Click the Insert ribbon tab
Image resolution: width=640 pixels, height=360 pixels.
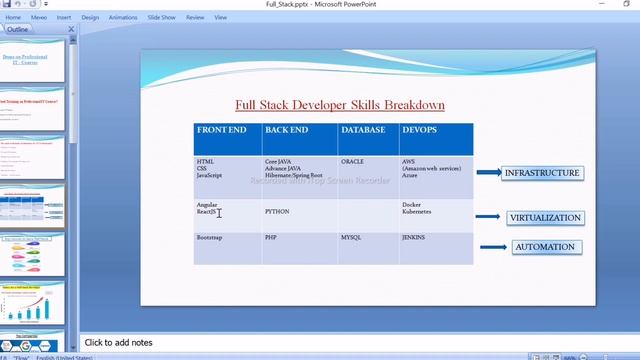[x=64, y=17]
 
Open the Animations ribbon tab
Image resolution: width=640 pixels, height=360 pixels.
[x=123, y=17]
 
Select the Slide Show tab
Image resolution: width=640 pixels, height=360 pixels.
[x=160, y=17]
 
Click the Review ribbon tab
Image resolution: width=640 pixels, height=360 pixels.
[x=195, y=17]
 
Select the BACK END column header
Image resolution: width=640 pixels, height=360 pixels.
[x=285, y=130]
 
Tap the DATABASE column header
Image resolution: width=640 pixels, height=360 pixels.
[x=362, y=130]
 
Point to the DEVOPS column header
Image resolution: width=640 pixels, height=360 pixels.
[x=419, y=130]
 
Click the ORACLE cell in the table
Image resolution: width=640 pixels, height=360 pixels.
[x=352, y=161]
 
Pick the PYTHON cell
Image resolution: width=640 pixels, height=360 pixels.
[x=277, y=212]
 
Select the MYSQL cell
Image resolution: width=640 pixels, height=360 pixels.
[x=351, y=238]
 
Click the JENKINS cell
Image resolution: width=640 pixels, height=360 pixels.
[x=415, y=238]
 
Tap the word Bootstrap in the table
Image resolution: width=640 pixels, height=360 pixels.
[x=209, y=238]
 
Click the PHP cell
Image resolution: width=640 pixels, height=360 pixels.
[x=270, y=238]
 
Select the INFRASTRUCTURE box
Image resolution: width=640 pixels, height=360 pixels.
[x=542, y=173]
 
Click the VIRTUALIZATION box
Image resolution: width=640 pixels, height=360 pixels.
[x=544, y=217]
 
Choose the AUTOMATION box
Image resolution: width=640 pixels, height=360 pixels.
[x=544, y=247]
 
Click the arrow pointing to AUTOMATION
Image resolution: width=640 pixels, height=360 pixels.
[x=494, y=247]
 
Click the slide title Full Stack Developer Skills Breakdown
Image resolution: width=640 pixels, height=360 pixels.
[x=340, y=104]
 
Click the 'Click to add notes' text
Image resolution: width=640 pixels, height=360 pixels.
[x=118, y=343]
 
